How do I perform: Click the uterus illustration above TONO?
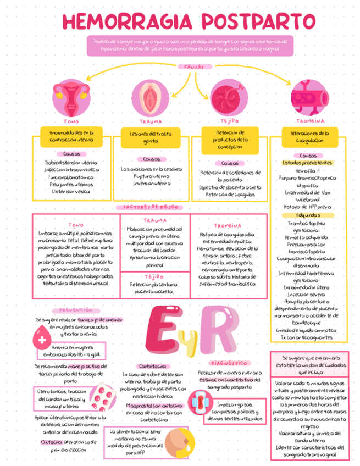click(x=70, y=97)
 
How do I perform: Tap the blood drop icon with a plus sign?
click(x=42, y=337)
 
